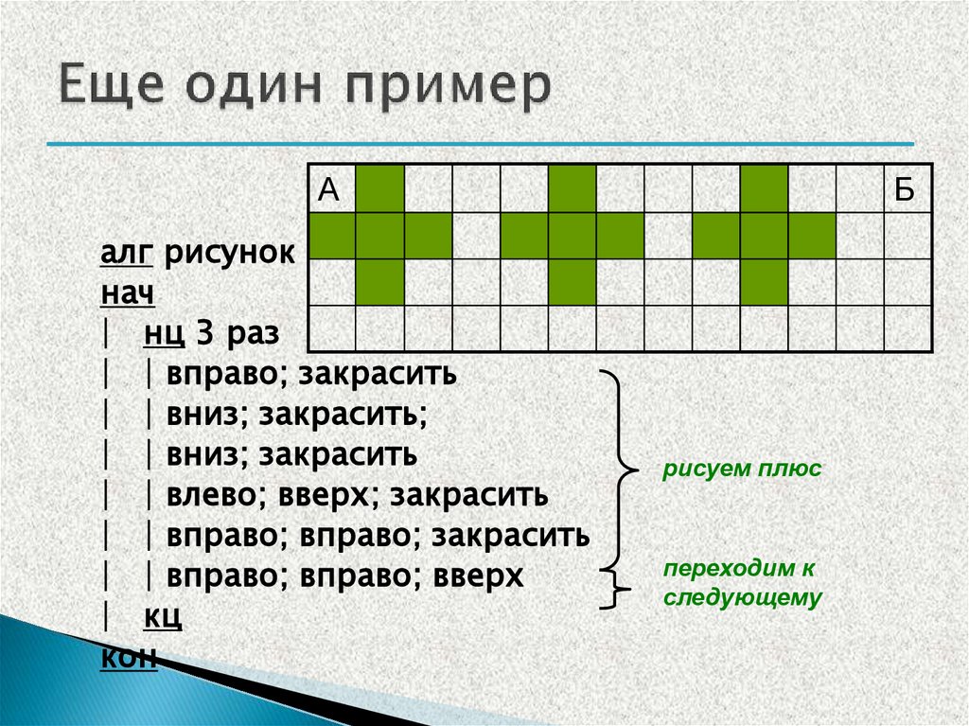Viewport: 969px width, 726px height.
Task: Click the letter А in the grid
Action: (x=328, y=190)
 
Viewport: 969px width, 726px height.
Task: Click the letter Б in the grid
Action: (x=905, y=190)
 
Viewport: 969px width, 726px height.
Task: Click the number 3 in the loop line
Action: (x=203, y=334)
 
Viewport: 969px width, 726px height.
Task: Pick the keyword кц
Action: (x=163, y=617)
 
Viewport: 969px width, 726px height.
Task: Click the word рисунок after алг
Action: (x=229, y=255)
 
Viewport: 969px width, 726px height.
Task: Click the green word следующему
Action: (x=743, y=598)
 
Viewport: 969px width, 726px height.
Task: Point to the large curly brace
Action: (x=621, y=468)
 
